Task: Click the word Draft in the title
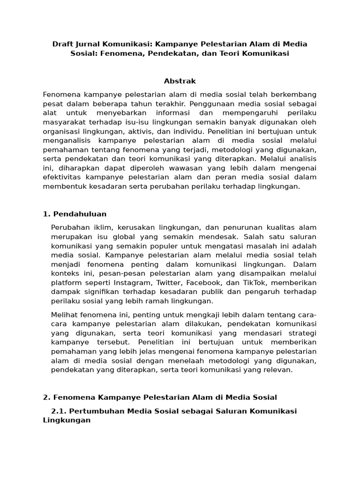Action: tap(63, 44)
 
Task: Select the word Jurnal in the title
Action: tap(89, 44)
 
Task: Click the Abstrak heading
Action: tap(180, 81)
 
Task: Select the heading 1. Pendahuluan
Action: tap(75, 214)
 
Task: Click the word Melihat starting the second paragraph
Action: tap(65, 315)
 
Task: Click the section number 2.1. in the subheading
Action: tap(60, 411)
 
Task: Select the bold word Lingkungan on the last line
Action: tap(67, 420)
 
